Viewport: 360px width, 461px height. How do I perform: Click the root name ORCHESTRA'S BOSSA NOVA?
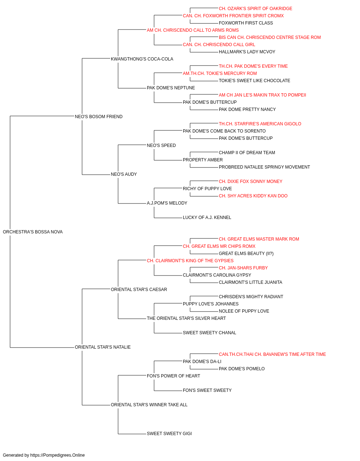click(33, 232)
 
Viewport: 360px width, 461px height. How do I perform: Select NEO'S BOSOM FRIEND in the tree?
click(99, 116)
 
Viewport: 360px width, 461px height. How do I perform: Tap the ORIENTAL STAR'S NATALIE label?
click(103, 347)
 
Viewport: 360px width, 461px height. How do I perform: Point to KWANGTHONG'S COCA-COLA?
click(142, 59)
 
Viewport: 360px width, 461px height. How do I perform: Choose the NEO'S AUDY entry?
click(124, 174)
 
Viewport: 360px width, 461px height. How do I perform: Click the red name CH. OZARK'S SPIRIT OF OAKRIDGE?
click(255, 9)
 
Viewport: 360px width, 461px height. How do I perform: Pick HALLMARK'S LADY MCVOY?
click(247, 52)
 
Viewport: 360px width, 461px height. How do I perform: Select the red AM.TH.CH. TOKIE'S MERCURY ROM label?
click(220, 73)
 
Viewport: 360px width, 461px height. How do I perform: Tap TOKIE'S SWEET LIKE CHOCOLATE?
click(255, 81)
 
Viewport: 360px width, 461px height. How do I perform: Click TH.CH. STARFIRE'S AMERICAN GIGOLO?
click(260, 124)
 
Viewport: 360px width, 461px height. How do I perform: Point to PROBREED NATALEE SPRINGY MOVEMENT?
click(264, 167)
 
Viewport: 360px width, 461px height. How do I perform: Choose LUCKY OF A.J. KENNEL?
click(207, 218)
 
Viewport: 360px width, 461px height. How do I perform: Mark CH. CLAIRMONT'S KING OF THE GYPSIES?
click(190, 260)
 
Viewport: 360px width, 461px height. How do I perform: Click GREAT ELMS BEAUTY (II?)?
click(246, 253)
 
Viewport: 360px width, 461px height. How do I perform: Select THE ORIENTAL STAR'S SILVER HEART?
click(186, 318)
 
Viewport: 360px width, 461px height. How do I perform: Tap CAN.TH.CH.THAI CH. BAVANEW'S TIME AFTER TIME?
click(272, 354)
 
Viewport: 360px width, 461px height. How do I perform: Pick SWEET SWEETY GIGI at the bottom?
click(169, 433)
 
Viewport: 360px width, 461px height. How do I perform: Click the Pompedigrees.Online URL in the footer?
click(57, 455)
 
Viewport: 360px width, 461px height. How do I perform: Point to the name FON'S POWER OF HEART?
click(174, 376)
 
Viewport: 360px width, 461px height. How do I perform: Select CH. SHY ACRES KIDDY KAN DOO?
click(253, 196)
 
